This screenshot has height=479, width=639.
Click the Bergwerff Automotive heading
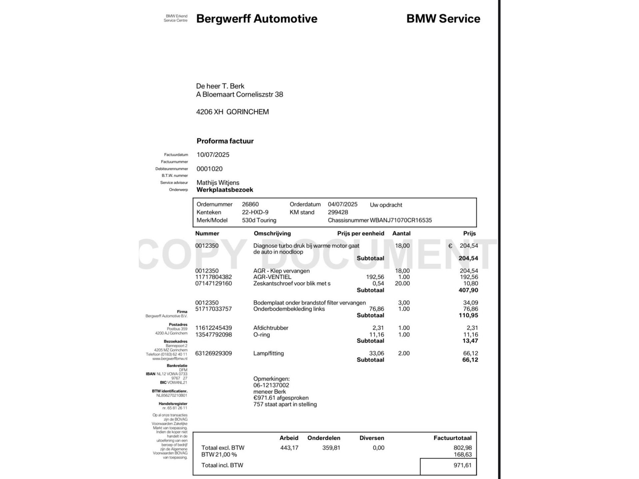click(257, 19)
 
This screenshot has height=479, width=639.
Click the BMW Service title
click(443, 19)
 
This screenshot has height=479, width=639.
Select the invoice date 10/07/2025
click(213, 155)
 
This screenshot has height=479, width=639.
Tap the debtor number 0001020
click(209, 169)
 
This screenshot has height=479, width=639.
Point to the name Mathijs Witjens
click(218, 183)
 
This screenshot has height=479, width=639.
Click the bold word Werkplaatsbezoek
click(225, 190)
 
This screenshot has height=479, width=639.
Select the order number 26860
click(250, 204)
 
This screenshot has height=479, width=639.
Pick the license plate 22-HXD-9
click(255, 212)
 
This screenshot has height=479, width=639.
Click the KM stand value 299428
click(338, 212)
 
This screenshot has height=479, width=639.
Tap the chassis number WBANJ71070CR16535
click(401, 220)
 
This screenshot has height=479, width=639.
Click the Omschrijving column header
click(272, 234)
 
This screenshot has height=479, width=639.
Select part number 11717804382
click(213, 277)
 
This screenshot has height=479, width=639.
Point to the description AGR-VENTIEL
click(272, 277)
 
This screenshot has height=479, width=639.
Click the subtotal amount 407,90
click(468, 290)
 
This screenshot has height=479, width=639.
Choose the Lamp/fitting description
click(268, 353)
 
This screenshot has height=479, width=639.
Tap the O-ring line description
click(261, 335)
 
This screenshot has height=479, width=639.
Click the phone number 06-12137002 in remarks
click(271, 385)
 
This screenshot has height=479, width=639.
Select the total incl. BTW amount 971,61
click(462, 465)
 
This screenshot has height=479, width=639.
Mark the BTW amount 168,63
click(463, 455)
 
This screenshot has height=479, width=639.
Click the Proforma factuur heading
click(225, 141)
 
